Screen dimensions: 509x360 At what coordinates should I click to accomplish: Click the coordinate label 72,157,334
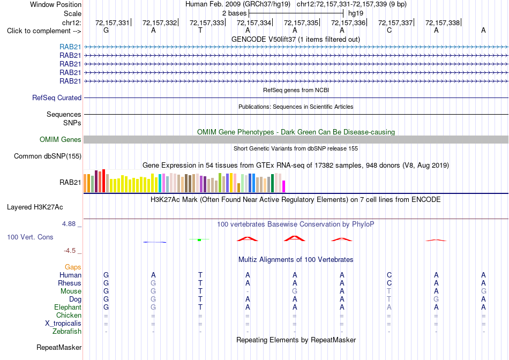(254, 22)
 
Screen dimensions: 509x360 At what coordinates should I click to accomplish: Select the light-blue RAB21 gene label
(70, 47)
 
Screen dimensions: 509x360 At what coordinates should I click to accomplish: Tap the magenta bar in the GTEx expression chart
(283, 186)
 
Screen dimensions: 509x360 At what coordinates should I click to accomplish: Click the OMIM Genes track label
(61, 140)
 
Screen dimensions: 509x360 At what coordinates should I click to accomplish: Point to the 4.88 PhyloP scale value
(69, 224)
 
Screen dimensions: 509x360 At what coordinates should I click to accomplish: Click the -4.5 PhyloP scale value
(70, 251)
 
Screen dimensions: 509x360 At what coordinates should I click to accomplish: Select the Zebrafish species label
(67, 332)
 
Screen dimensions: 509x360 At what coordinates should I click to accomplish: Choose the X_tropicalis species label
(63, 324)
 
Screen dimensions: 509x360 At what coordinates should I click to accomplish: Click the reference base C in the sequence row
(389, 31)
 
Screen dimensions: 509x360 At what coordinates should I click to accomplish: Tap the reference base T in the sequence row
(200, 31)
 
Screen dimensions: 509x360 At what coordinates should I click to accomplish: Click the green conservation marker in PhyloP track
(199, 239)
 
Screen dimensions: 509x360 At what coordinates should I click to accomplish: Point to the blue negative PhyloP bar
(154, 242)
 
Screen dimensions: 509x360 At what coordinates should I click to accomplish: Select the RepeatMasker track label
(59, 348)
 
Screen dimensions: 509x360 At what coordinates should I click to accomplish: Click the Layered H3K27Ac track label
(35, 207)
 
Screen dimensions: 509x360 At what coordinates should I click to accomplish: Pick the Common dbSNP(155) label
(48, 156)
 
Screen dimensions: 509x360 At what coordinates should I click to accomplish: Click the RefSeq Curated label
(57, 97)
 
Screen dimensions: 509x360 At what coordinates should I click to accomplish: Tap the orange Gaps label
(73, 267)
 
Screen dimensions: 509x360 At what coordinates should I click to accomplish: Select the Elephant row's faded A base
(389, 307)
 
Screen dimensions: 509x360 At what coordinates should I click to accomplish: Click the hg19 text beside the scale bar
(355, 13)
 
